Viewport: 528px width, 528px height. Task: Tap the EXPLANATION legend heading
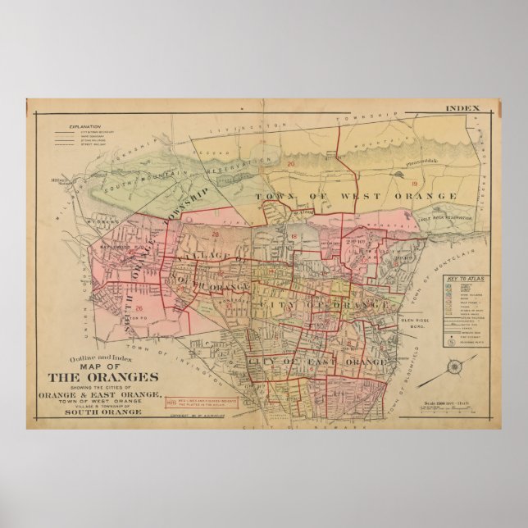coord(84,127)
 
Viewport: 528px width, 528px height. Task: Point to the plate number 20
coord(291,164)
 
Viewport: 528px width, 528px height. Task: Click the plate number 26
coord(139,308)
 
